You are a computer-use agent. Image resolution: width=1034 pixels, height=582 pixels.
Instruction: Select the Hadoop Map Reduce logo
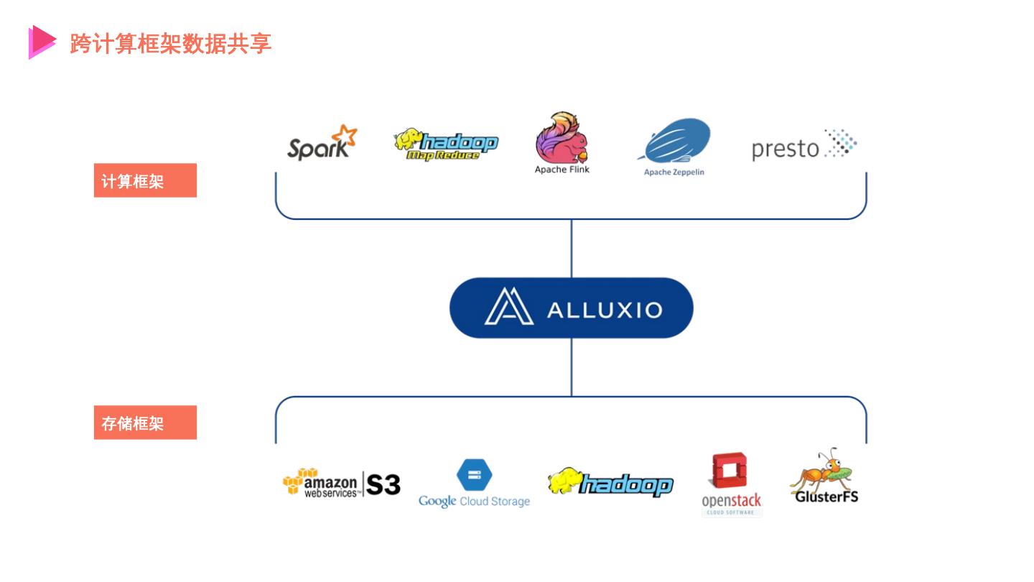(x=446, y=144)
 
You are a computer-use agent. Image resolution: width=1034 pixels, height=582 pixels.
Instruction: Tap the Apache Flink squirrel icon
(x=561, y=138)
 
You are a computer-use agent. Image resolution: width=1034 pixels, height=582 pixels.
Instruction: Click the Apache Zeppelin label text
(x=674, y=172)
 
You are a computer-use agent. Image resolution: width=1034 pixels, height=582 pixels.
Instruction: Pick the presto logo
(x=804, y=146)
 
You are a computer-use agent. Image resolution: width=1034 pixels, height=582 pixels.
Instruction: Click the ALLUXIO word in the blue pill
(x=604, y=310)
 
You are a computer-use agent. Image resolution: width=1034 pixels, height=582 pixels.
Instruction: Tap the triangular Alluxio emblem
(x=508, y=307)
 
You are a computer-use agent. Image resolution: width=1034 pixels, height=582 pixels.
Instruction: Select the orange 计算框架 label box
(x=145, y=180)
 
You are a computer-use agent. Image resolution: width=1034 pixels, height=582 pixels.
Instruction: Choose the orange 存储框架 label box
(x=145, y=422)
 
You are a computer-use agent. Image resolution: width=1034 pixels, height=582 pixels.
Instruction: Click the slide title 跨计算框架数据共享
(x=171, y=43)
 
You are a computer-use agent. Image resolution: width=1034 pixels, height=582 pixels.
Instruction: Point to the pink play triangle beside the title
(x=42, y=42)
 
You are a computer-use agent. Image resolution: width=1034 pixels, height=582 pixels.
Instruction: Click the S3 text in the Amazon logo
(x=383, y=484)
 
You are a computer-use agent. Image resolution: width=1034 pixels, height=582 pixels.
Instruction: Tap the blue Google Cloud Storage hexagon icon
(x=475, y=475)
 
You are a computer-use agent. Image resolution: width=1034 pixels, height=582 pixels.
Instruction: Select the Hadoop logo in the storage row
(x=610, y=483)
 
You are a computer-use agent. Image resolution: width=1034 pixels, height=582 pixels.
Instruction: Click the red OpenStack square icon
(x=730, y=471)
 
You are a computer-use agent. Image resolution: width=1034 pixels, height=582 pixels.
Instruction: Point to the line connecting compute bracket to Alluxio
(x=572, y=248)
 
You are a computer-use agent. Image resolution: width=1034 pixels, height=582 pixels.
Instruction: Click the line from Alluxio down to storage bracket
(x=572, y=366)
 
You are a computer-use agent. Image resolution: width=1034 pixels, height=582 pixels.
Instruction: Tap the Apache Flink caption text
(x=562, y=170)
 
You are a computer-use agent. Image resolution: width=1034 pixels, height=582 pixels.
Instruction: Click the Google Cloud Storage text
(x=474, y=502)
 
